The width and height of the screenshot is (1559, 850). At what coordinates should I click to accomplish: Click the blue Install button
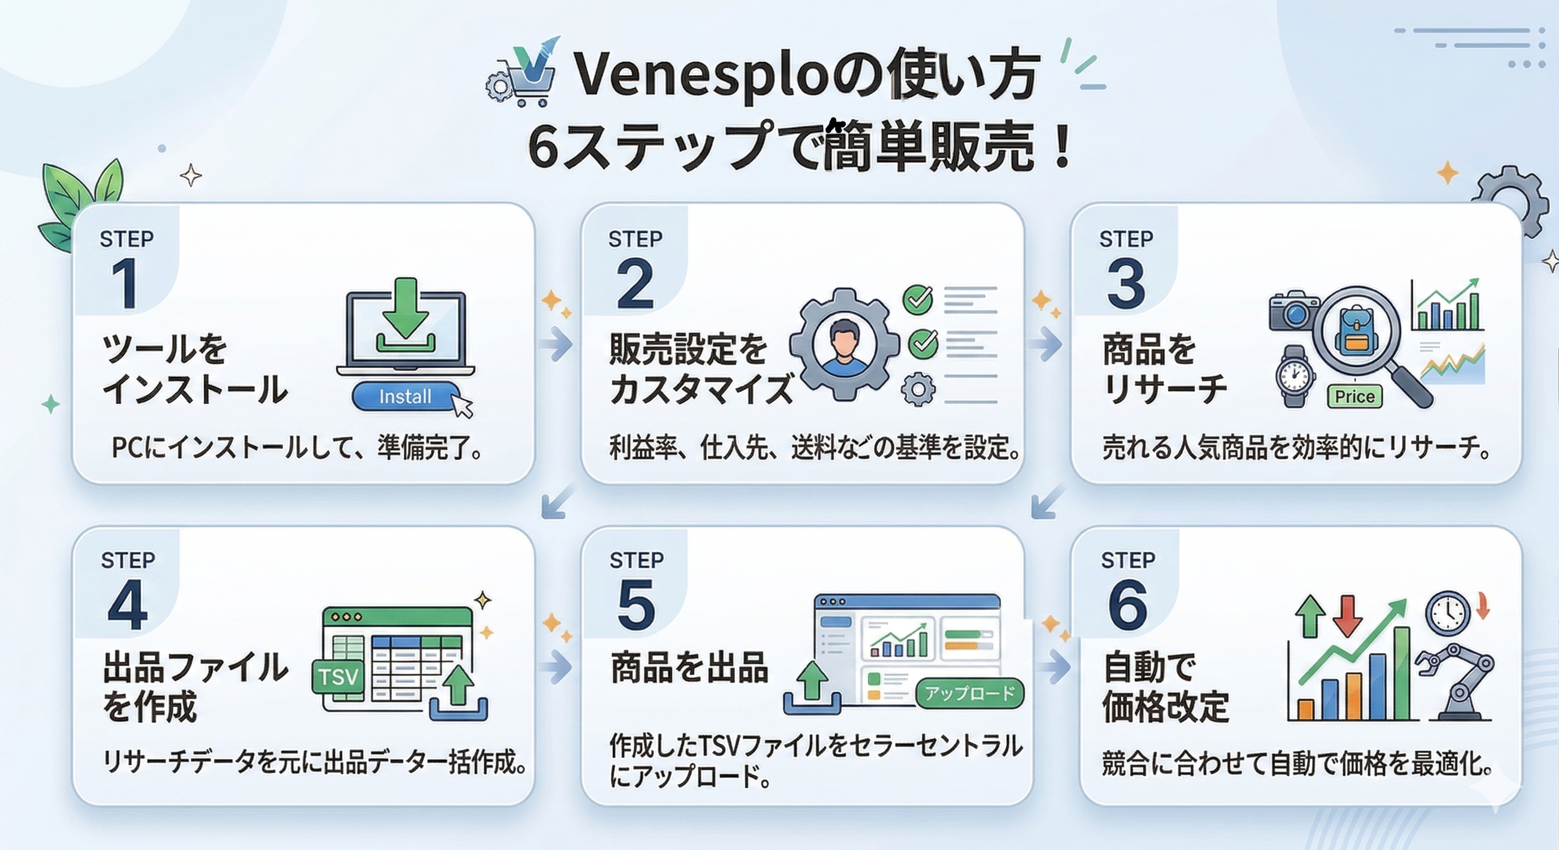pyautogui.click(x=406, y=397)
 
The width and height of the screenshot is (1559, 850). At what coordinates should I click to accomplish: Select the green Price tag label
pyautogui.click(x=1355, y=397)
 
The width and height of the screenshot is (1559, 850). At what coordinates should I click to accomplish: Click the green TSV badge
pyautogui.click(x=338, y=677)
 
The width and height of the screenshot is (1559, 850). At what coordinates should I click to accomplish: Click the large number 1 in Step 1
pyautogui.click(x=125, y=283)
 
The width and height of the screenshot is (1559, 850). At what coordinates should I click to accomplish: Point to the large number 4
pyautogui.click(x=128, y=606)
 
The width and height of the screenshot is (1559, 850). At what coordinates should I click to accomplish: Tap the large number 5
pyautogui.click(x=637, y=605)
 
